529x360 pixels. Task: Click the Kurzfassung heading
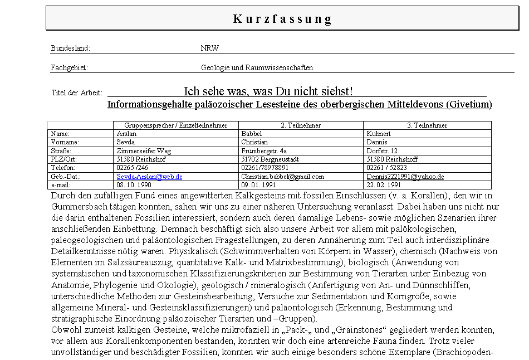pyautogui.click(x=282, y=19)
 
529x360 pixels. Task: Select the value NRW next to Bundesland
pyautogui.click(x=209, y=48)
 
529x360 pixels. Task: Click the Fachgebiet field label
pyautogui.click(x=69, y=68)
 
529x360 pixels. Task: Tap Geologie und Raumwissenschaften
pyautogui.click(x=257, y=68)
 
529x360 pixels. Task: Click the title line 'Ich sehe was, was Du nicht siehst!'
pyautogui.click(x=268, y=91)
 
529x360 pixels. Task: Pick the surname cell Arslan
pyautogui.click(x=126, y=134)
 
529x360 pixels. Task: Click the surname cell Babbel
pyautogui.click(x=251, y=134)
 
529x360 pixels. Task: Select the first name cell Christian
pyautogui.click(x=254, y=142)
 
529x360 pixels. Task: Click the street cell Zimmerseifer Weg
pyautogui.click(x=144, y=151)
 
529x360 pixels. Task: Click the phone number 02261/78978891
pyautogui.click(x=265, y=168)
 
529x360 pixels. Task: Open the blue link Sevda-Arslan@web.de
pyautogui.click(x=149, y=177)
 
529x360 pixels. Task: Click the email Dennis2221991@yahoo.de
pyautogui.click(x=405, y=177)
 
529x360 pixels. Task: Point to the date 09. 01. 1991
pyautogui.click(x=258, y=185)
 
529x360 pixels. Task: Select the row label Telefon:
pyautogui.click(x=62, y=168)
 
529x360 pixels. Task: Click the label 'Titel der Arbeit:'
pyautogui.click(x=77, y=93)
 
